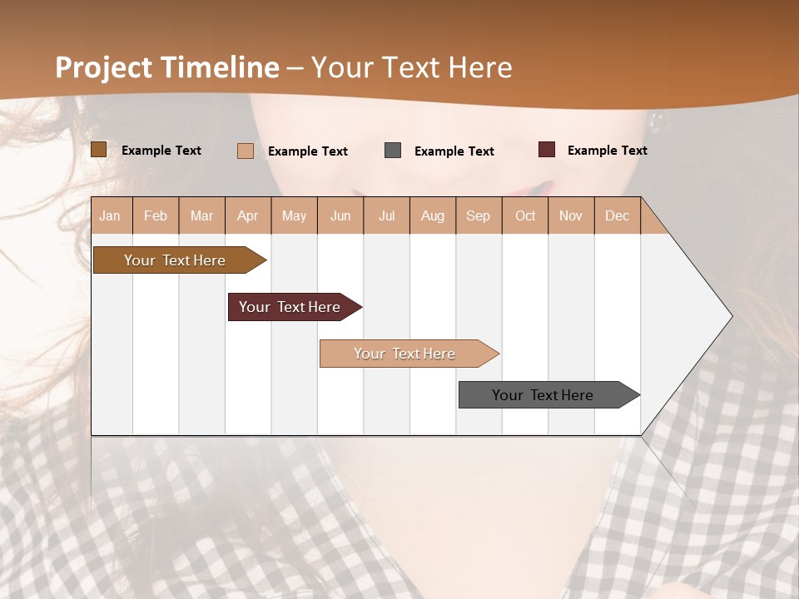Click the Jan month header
[x=111, y=215]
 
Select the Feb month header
[x=156, y=215]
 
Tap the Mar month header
[x=201, y=215]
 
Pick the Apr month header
[x=248, y=215]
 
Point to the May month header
[x=294, y=215]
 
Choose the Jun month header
[x=340, y=215]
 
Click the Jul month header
[x=386, y=215]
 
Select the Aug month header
[x=433, y=215]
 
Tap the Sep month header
[x=479, y=215]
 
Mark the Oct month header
[x=525, y=215]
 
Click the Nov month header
[x=571, y=215]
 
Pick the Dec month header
[x=618, y=215]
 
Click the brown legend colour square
[x=99, y=150]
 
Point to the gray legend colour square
[x=393, y=151]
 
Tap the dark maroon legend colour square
[x=547, y=150]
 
